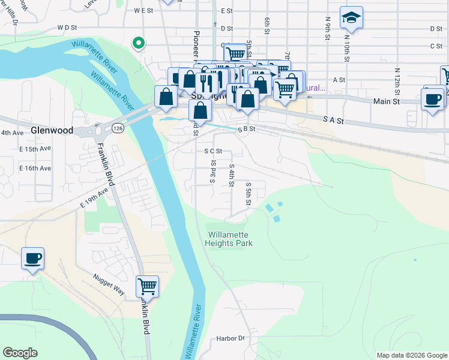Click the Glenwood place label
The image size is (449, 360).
53,130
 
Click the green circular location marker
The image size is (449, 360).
139,43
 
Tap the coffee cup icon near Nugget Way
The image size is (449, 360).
33,259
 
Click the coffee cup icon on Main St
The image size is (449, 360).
433,98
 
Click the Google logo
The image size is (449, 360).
20,353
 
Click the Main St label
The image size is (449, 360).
387,102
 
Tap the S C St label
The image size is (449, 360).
213,151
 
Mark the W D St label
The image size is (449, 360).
68,28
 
